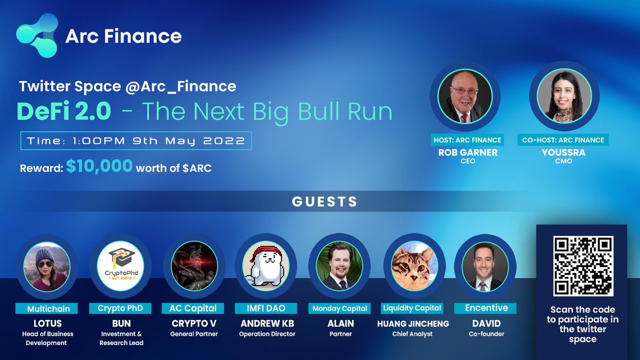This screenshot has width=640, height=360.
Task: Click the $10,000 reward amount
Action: pos(99,166)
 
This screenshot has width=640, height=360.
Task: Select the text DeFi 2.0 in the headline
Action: pos(64,111)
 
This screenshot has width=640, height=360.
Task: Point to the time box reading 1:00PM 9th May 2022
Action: pos(135,141)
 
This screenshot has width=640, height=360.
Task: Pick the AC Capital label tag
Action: pos(193,308)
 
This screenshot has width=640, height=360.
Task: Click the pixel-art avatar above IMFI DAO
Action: pos(266,265)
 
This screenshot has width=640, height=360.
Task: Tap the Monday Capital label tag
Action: pos(340,308)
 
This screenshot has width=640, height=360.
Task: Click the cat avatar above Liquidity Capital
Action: pos(412,265)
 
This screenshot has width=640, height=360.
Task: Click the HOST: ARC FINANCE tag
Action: pos(468,140)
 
